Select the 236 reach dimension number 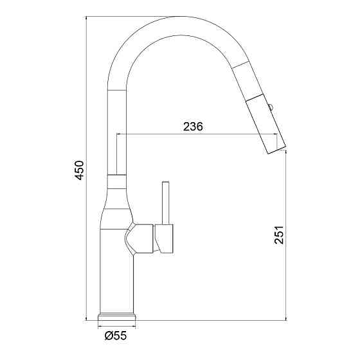click(x=193, y=127)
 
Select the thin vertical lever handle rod click(x=165, y=203)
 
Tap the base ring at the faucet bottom click(x=117, y=317)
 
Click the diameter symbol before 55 click(x=107, y=334)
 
